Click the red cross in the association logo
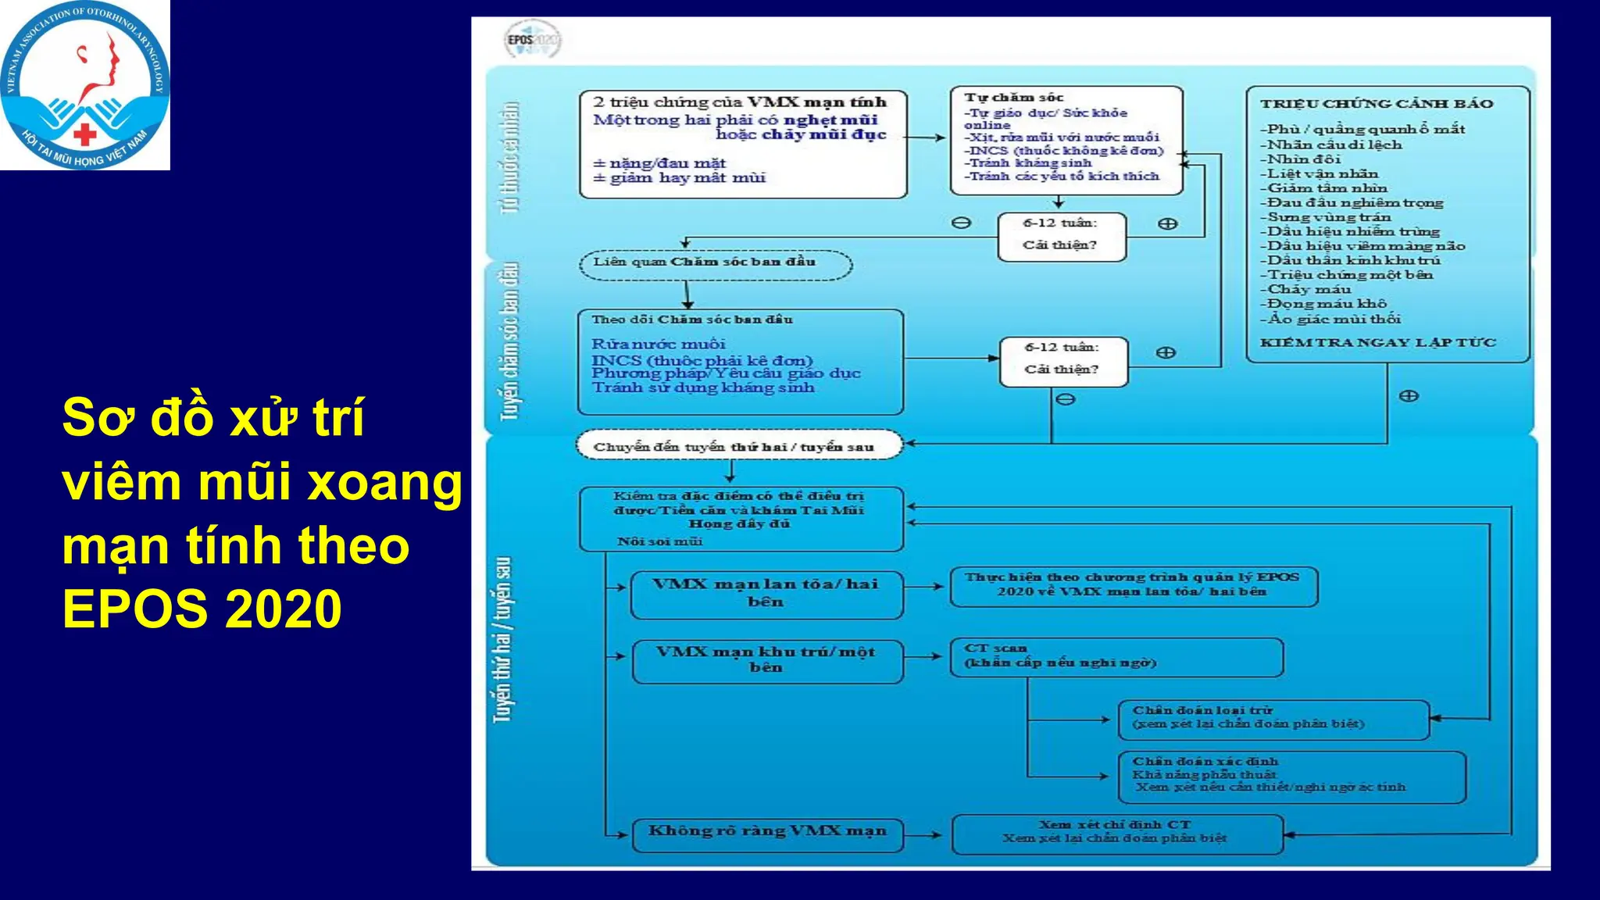click(85, 134)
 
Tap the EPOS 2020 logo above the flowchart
click(533, 40)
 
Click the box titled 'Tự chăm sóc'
click(1066, 140)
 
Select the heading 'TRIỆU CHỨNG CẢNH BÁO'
click(1376, 104)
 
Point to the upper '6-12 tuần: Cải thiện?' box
click(1061, 235)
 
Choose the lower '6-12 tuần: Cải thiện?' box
click(1062, 360)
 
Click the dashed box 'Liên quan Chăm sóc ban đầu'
click(715, 263)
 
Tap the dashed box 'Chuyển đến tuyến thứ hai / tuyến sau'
click(738, 446)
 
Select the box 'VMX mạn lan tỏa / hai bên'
click(766, 594)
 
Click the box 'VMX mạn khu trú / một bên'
click(766, 660)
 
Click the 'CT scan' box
click(1116, 656)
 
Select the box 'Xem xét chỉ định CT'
click(1116, 833)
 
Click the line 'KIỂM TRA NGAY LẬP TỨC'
click(1377, 342)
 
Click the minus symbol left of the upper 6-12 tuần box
click(961, 223)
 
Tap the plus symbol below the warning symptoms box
click(1409, 396)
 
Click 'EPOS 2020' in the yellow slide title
click(202, 609)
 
